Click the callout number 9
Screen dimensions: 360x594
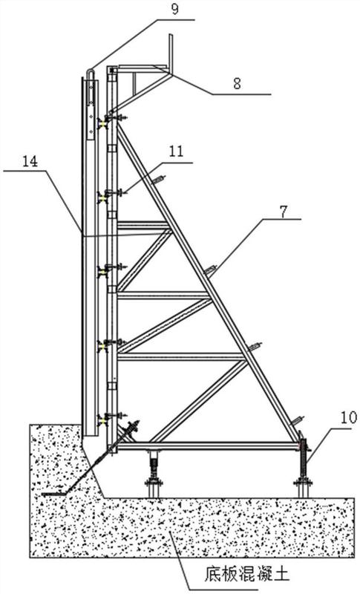[x=174, y=9]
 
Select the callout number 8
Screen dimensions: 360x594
[x=237, y=83]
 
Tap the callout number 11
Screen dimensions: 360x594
[x=176, y=151]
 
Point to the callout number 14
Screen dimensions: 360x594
[x=30, y=162]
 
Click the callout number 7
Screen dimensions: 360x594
[x=284, y=212]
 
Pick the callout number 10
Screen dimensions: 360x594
[x=349, y=417]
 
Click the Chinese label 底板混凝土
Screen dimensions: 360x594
[x=247, y=573]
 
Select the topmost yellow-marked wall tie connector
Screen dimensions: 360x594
[x=102, y=123]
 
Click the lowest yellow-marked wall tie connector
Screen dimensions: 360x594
[x=102, y=420]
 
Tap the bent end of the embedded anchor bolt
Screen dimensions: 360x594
[x=52, y=494]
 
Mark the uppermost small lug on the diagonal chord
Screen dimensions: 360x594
[x=159, y=179]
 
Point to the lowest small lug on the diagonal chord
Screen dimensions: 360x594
[x=297, y=420]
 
